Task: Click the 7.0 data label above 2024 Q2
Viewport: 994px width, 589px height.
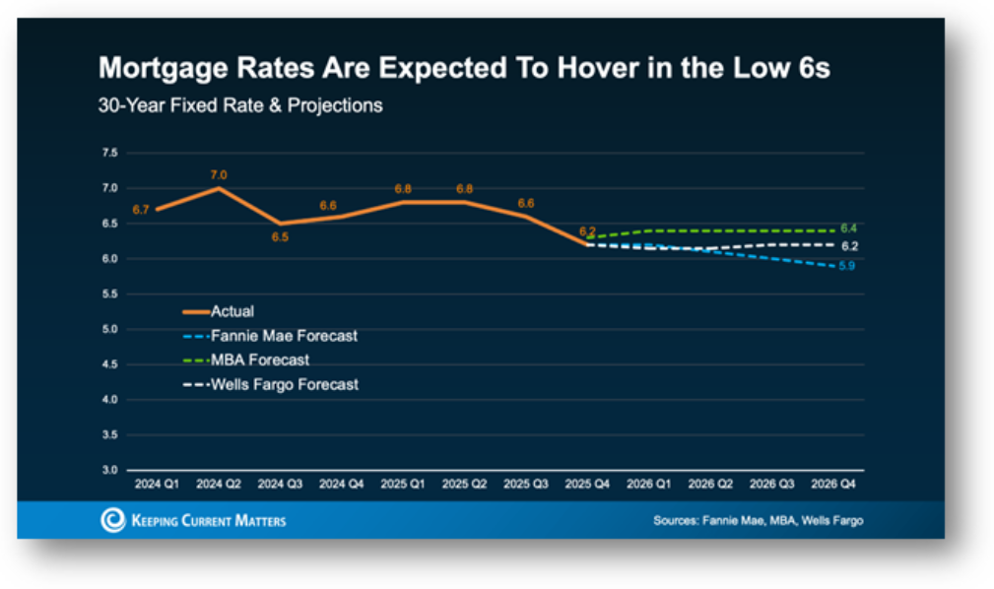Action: pos(219,174)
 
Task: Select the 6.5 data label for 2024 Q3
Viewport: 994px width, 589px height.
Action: pos(280,237)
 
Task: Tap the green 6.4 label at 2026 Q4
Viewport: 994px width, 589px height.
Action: pos(848,229)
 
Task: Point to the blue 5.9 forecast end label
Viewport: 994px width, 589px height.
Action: pos(846,267)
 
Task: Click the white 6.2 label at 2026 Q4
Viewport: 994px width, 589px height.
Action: pos(849,246)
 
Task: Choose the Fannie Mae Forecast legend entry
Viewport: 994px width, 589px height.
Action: pos(284,336)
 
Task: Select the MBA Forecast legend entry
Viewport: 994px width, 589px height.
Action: pos(259,360)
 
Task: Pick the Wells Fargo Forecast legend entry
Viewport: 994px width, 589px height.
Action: pos(285,385)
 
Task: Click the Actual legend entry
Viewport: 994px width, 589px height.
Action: pos(232,311)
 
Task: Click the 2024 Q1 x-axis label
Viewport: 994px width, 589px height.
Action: pos(158,485)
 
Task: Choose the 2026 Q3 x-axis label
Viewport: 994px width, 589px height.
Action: pos(771,485)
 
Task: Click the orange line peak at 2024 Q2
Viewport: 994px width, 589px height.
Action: pos(219,188)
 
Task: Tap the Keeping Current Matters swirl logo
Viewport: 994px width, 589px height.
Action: pos(113,520)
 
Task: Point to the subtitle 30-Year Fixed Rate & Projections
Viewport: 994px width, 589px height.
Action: pos(239,104)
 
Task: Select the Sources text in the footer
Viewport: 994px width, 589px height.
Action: pos(758,520)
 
